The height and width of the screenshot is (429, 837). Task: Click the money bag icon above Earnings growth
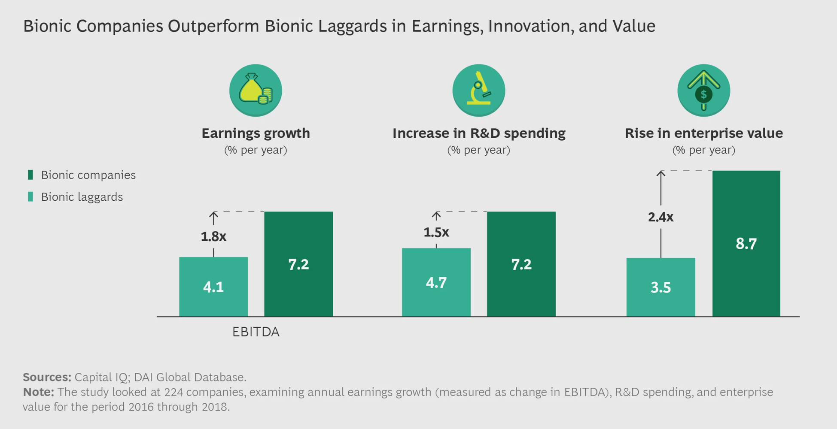[x=256, y=91]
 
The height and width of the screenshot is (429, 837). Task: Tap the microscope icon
[x=478, y=91]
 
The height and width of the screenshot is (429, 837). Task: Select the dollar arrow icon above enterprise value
[x=703, y=91]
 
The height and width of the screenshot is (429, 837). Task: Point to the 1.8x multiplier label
[x=213, y=236]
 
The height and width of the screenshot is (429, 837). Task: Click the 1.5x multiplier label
[x=436, y=233]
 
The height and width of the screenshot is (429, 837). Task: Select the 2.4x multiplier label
[x=660, y=218]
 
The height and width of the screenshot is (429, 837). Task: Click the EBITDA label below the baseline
[x=256, y=332]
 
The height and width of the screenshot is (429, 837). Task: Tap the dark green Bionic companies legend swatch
[x=30, y=175]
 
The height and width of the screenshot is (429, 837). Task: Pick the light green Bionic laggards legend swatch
[x=30, y=197]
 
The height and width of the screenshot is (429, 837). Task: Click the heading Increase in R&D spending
[x=478, y=133]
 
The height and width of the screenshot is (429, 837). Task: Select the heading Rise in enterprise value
[x=703, y=133]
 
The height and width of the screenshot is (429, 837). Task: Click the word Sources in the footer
[x=47, y=377]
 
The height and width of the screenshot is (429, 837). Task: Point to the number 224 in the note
[x=173, y=392]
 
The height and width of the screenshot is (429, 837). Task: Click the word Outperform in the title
[x=213, y=26]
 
